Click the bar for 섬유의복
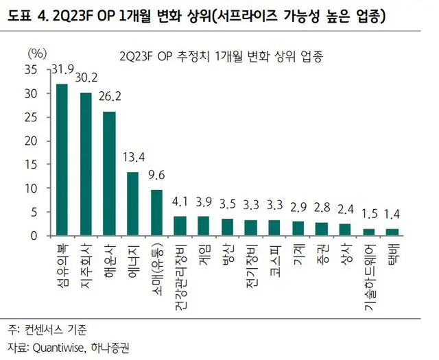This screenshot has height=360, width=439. pyautogui.click(x=62, y=160)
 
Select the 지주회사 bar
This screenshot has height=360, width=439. pyautogui.click(x=86, y=164)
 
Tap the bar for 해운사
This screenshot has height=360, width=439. pyautogui.click(x=109, y=173)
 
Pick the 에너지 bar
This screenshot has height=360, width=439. pyautogui.click(x=133, y=204)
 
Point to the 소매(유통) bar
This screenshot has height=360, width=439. pyautogui.click(x=156, y=213)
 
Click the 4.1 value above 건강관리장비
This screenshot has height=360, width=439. pyautogui.click(x=180, y=202)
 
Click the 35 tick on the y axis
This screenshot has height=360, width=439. pyautogui.click(x=32, y=69)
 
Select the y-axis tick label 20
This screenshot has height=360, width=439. pyautogui.click(x=32, y=141)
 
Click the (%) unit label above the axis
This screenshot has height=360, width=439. pyautogui.click(x=37, y=52)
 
